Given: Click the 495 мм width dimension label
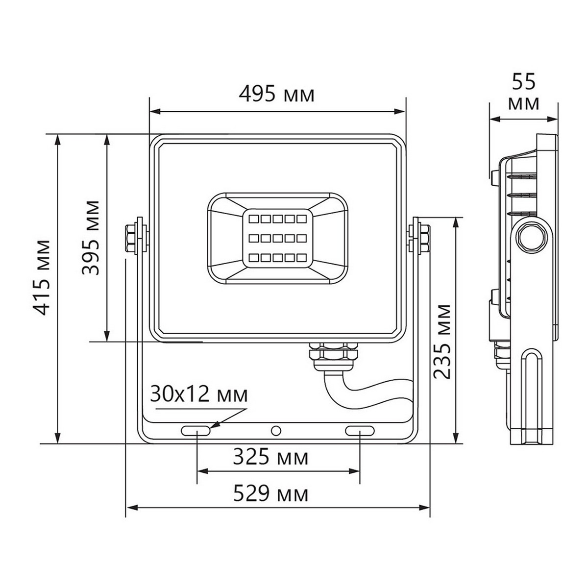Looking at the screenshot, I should click(277, 94).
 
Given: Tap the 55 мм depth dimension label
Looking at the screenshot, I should click(524, 93).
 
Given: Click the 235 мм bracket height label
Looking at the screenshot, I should click(442, 342).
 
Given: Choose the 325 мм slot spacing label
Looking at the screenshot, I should click(270, 458).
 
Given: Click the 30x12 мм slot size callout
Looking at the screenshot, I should click(199, 395).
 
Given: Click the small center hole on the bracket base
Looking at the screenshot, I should click(276, 431).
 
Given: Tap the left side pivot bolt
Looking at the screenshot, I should click(135, 237).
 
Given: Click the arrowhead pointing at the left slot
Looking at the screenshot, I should click(216, 425).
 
